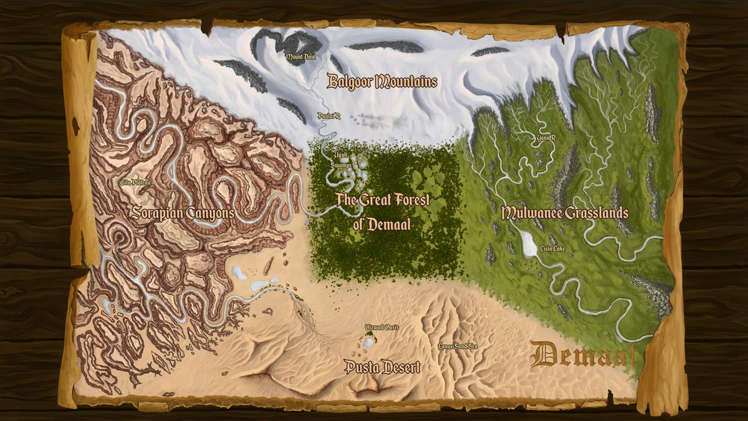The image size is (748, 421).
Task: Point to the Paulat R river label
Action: click(328, 116)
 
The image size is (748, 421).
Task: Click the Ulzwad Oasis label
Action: click(381, 327)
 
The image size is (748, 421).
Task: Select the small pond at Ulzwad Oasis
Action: click(369, 342)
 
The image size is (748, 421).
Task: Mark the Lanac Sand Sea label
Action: click(458, 346)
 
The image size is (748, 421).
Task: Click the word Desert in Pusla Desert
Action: click(398, 367)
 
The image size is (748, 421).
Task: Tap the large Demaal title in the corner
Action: click(583, 356)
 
